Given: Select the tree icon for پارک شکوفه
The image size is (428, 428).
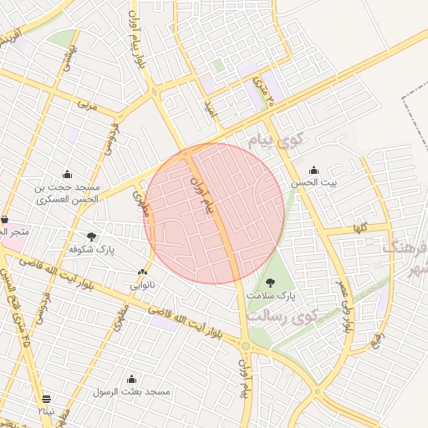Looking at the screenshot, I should coord(91,237).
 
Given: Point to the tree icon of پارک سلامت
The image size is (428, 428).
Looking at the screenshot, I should coord(270,282).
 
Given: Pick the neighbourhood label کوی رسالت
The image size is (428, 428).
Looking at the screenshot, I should coord(283,317).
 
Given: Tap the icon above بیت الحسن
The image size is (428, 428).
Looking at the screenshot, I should coord(313,169).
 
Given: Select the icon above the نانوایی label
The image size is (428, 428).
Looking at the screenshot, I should coord(141,272).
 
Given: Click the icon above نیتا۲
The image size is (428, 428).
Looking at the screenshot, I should coord(46,399).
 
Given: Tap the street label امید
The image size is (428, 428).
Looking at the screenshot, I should coord(212,108).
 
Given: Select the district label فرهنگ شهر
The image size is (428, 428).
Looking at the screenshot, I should coord(406,257).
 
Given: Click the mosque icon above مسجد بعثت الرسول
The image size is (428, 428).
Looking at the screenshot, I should coord(131,378).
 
